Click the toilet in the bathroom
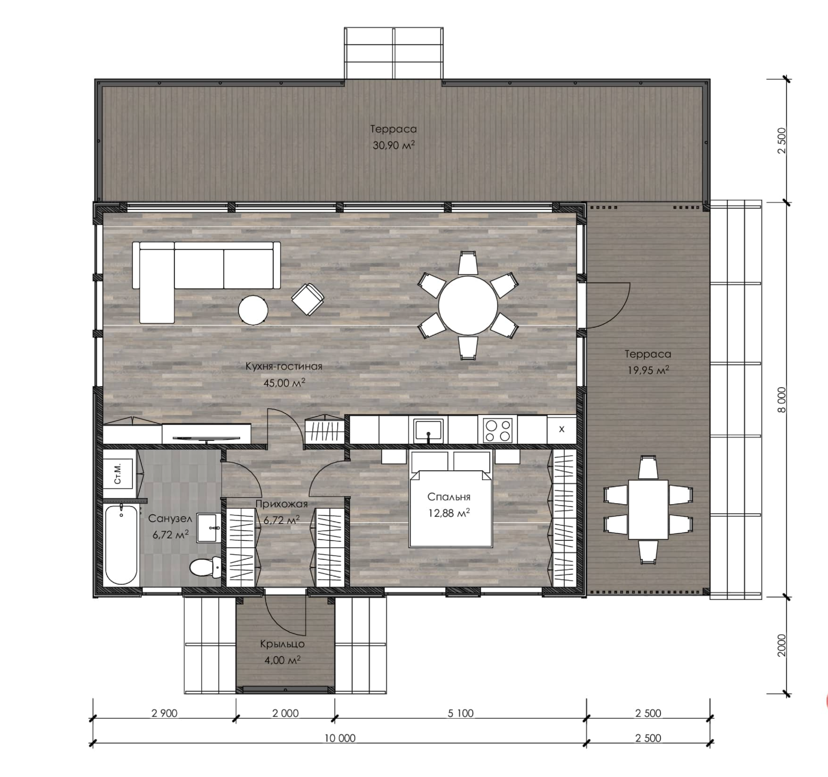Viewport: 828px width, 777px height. [x=205, y=567]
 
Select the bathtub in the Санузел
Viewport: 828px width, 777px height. [x=121, y=544]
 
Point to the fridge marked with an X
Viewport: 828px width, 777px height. [x=561, y=429]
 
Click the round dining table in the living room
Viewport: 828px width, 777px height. [x=468, y=306]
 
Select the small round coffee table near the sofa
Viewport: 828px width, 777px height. [x=253, y=310]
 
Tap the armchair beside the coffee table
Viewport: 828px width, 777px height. [x=308, y=299]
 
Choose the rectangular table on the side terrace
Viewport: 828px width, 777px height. [x=648, y=509]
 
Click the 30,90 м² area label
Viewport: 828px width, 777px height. [x=394, y=145]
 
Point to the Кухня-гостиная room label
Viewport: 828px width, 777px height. [x=284, y=366]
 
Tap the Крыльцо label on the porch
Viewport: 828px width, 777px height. [x=282, y=644]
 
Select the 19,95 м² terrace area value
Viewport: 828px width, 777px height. [x=648, y=370]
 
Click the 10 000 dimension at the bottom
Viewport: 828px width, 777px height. [x=340, y=738]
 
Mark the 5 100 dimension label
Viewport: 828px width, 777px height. [x=461, y=713]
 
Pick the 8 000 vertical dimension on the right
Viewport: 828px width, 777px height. [x=781, y=400]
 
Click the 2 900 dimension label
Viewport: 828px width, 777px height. [x=165, y=713]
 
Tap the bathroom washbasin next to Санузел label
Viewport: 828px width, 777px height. [x=208, y=528]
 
